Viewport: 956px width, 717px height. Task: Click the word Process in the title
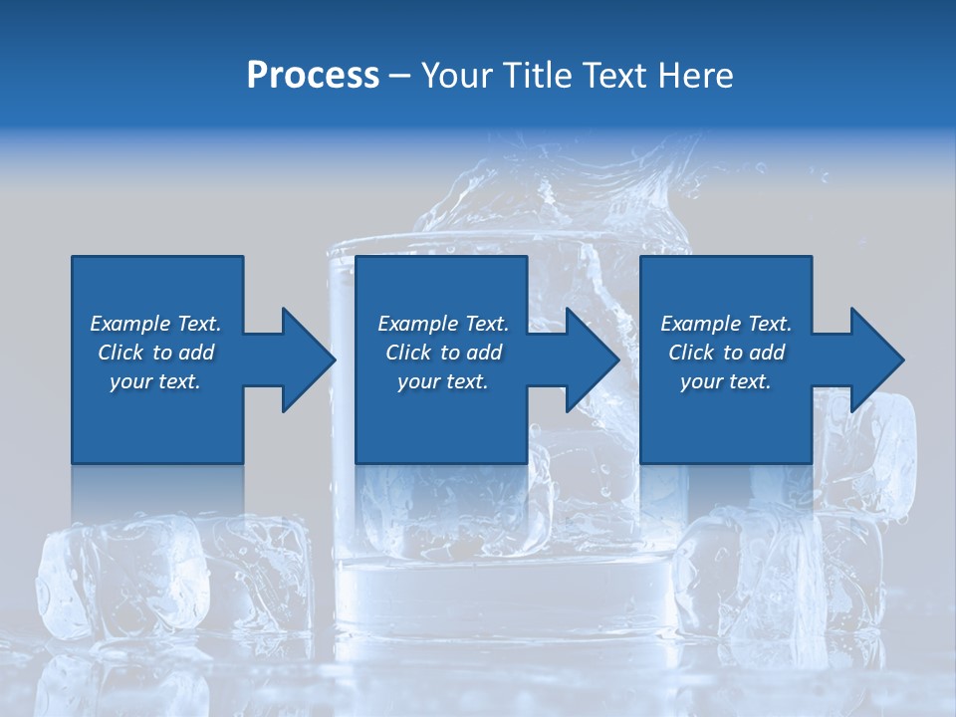(x=313, y=76)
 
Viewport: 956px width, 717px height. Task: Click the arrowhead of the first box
(x=304, y=359)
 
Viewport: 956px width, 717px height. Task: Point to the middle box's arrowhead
(x=589, y=359)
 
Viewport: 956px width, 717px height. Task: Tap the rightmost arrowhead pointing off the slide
(x=873, y=359)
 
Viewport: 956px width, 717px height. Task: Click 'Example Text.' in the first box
(x=155, y=324)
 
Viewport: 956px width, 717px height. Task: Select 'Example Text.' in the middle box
(x=443, y=324)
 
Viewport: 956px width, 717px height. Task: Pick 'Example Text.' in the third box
(x=726, y=324)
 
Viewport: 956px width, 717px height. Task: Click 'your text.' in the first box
(x=155, y=381)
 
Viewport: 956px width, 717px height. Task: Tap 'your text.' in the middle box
(x=443, y=381)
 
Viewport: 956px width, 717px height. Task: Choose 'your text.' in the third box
(x=726, y=381)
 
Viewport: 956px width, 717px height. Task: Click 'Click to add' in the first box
(x=155, y=353)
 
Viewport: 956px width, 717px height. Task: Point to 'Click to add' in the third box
(x=726, y=353)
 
